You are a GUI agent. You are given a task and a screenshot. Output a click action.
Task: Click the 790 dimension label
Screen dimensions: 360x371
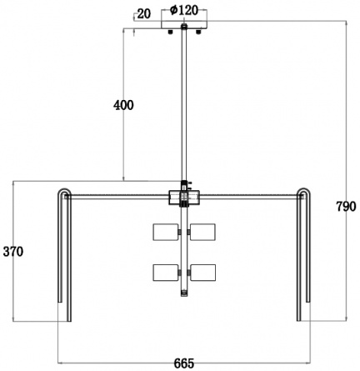click(346, 207)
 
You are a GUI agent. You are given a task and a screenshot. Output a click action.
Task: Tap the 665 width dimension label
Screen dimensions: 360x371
click(184, 363)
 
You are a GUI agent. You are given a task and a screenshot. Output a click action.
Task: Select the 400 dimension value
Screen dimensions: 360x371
click(123, 105)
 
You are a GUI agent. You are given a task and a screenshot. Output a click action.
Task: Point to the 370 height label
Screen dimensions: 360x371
click(13, 252)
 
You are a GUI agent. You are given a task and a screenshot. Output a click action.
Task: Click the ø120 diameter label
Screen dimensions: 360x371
click(184, 11)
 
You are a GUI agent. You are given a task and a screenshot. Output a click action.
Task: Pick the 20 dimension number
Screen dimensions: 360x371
click(144, 14)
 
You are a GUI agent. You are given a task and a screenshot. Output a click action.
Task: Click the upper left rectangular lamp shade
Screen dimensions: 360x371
click(166, 232)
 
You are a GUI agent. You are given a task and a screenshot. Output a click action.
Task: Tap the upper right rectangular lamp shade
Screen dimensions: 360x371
click(202, 232)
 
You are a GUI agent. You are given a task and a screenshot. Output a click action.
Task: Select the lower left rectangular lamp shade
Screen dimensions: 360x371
click(166, 273)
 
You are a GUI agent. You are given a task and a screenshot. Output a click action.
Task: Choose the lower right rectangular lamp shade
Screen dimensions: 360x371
click(202, 273)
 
